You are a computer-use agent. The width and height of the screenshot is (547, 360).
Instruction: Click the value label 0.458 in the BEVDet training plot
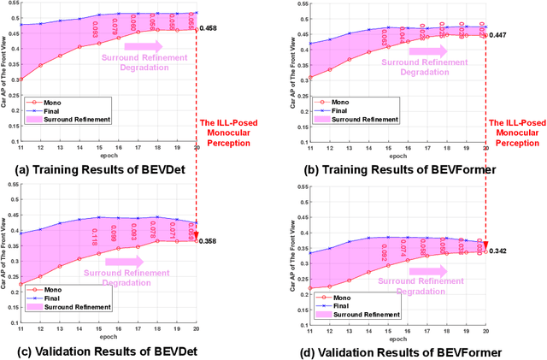pyautogui.click(x=209, y=30)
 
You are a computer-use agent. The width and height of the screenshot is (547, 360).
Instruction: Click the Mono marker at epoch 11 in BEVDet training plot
pyautogui.click(x=21, y=80)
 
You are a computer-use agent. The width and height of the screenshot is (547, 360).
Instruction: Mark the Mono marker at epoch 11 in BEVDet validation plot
pyautogui.click(x=21, y=284)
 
